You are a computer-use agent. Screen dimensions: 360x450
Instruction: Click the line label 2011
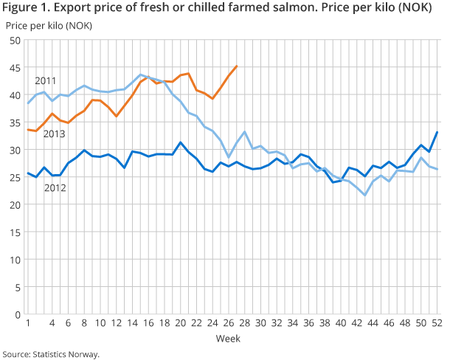(x=46, y=80)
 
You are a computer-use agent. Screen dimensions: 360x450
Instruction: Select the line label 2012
(x=56, y=188)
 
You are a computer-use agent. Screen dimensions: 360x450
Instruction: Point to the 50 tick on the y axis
(x=14, y=41)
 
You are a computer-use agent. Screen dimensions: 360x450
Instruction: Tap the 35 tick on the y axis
(x=14, y=122)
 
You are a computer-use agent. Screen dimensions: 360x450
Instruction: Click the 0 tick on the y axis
(x=17, y=314)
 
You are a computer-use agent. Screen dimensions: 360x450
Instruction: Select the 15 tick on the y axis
(x=14, y=232)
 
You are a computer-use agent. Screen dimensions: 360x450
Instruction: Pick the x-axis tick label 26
(x=228, y=323)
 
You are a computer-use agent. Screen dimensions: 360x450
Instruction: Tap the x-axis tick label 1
(x=28, y=323)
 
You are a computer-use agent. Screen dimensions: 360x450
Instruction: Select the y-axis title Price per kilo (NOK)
(x=45, y=26)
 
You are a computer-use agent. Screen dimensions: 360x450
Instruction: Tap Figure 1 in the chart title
(x=24, y=10)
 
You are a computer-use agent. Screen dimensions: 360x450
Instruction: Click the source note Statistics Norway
(x=67, y=353)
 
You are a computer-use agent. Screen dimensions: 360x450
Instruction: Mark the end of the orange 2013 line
(x=236, y=66)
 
